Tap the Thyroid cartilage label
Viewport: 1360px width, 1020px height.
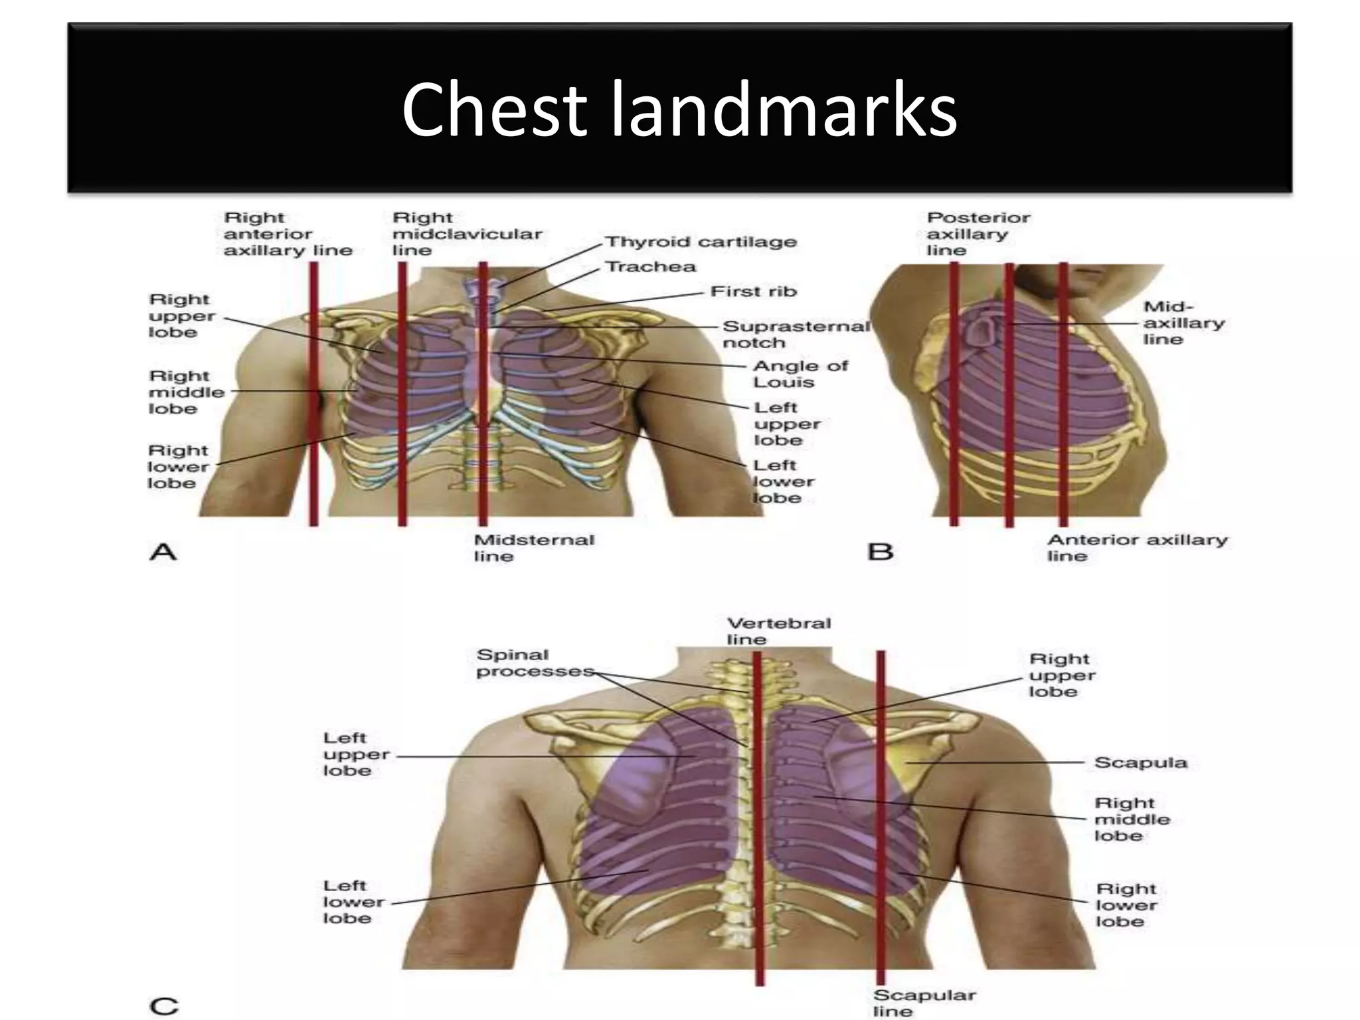(701, 242)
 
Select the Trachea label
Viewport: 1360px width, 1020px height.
(651, 267)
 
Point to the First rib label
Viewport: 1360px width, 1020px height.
(753, 292)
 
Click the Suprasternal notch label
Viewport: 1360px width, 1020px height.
(795, 335)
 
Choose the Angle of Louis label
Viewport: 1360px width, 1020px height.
(800, 374)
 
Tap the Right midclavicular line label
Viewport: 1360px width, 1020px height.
(467, 234)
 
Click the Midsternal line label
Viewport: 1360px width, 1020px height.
(533, 548)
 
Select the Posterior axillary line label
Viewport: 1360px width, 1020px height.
(977, 234)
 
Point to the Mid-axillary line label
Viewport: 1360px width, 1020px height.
(1183, 323)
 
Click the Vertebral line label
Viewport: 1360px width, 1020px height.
(778, 631)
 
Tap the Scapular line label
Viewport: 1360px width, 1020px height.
(924, 1003)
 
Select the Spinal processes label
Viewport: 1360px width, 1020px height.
(534, 663)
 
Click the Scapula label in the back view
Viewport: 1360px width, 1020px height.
(1140, 762)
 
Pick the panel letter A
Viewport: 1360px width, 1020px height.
(163, 552)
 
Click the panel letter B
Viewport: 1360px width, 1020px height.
(881, 552)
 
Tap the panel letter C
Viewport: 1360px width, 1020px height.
(164, 1006)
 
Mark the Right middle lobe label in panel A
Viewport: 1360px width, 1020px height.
(186, 392)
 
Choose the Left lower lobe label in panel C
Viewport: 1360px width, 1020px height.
(353, 902)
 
